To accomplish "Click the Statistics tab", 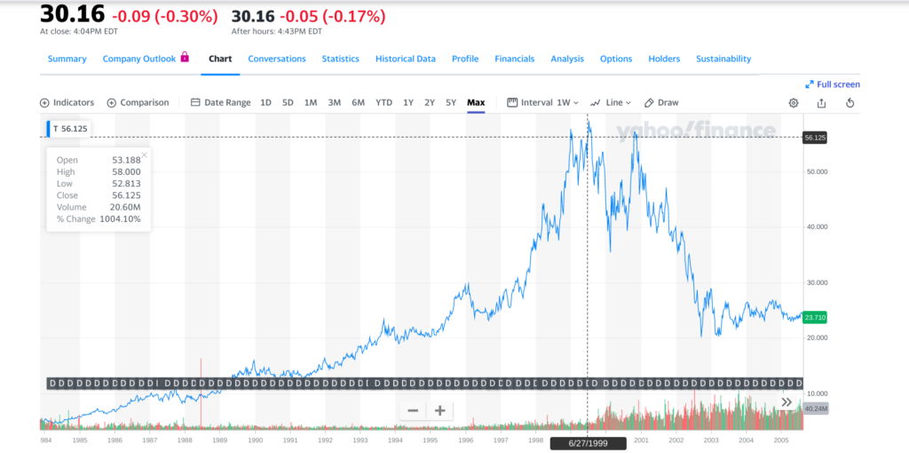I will pos(340,59).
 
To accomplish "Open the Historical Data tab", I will pos(405,59).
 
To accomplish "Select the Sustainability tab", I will pos(723,59).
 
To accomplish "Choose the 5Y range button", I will pos(451,102).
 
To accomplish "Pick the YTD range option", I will pos(383,102).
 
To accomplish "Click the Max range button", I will pos(476,102).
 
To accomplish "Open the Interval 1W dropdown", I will pos(542,102).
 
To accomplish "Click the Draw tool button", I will pos(661,102).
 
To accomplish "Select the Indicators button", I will pos(67,102).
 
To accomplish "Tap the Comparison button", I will pos(138,102).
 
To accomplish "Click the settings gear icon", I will pos(794,103).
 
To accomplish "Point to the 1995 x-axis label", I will pos(430,440).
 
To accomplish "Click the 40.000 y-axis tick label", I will pos(817,226).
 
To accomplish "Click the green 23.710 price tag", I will pos(814,317).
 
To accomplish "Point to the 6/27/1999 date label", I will pos(587,442).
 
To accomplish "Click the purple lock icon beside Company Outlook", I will pos(185,58).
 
